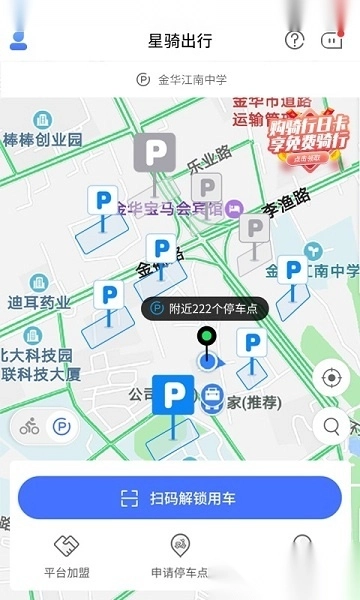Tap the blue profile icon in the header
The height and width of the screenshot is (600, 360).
pos(19,40)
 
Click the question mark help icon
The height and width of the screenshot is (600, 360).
pos(294,40)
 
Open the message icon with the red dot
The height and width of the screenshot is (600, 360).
pos(331,40)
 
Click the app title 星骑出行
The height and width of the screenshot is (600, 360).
pos(180,41)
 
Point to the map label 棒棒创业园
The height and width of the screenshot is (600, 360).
pos(43,140)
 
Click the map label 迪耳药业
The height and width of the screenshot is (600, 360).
pos(39,302)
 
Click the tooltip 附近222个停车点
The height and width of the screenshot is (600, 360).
pos(205,309)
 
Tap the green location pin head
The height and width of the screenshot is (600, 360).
pos(207,336)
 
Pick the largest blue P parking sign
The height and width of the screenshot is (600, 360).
pos(173,395)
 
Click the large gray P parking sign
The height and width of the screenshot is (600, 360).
pos(154,153)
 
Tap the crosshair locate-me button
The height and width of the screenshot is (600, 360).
pos(331,378)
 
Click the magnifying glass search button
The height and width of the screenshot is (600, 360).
pos(331,427)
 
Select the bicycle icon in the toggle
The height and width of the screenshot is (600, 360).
pos(30,427)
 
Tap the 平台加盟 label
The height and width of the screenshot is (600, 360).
pos(67,573)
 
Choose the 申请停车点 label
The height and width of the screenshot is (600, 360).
pos(180,573)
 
